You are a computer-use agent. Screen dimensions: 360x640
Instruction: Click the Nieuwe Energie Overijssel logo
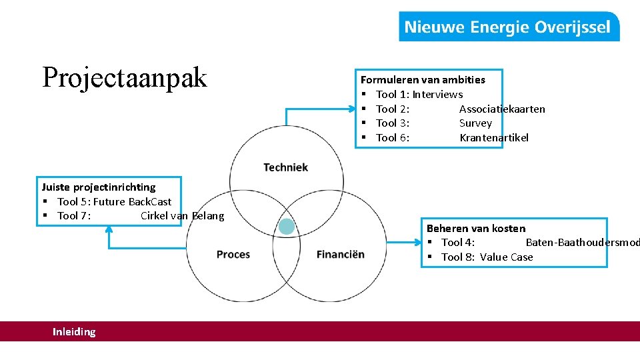click(x=508, y=27)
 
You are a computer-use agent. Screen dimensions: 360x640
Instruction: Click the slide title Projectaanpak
click(x=125, y=77)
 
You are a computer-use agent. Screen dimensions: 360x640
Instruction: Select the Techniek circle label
click(x=285, y=167)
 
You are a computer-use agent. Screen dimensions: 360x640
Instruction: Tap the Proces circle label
click(x=233, y=254)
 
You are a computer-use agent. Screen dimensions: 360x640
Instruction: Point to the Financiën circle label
click(x=340, y=254)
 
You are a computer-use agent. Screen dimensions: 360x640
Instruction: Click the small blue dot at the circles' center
click(x=287, y=227)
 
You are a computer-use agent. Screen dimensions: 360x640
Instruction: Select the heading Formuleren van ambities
click(x=423, y=80)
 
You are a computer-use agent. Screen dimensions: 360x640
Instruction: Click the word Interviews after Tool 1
click(x=437, y=95)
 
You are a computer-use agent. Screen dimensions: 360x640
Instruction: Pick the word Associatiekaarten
click(x=502, y=109)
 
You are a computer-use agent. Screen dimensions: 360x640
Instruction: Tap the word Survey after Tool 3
click(x=475, y=123)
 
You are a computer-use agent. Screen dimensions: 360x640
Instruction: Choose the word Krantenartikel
click(x=493, y=137)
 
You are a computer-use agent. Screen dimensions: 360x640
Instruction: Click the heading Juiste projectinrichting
click(x=99, y=187)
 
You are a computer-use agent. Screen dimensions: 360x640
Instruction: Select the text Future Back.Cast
click(x=132, y=201)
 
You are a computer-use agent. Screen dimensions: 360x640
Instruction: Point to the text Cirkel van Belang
click(x=182, y=216)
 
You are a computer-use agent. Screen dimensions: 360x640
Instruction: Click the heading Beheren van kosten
click(x=476, y=229)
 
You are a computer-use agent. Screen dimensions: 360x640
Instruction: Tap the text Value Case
click(x=506, y=257)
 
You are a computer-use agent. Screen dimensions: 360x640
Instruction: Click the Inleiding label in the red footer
click(x=74, y=331)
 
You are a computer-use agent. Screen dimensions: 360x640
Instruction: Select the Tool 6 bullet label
click(x=392, y=137)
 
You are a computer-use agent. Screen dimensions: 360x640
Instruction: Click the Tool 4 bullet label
click(x=457, y=243)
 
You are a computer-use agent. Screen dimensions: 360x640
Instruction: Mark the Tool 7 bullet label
click(x=73, y=216)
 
